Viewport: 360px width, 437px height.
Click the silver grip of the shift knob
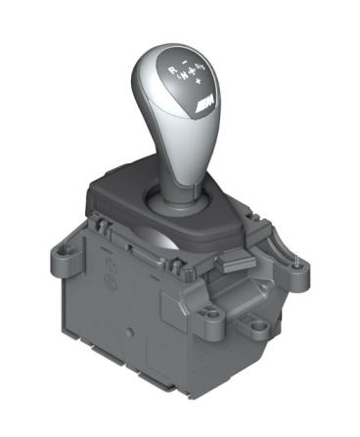[176, 117]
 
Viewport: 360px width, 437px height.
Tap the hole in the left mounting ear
[67, 251]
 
